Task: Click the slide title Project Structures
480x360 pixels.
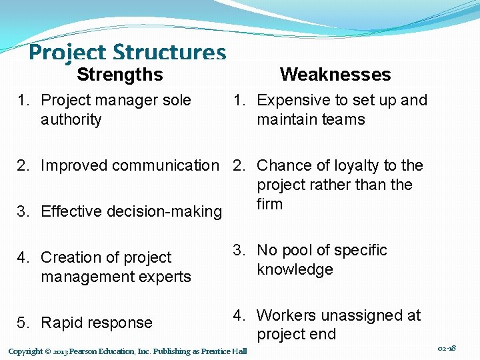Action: [127, 53]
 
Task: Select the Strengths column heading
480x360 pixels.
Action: [119, 75]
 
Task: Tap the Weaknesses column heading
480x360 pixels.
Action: [335, 75]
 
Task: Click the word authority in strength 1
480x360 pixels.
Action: [71, 120]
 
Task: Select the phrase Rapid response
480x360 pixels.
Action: [97, 323]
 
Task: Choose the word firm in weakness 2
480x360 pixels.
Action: [270, 204]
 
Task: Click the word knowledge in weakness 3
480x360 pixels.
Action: [295, 270]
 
